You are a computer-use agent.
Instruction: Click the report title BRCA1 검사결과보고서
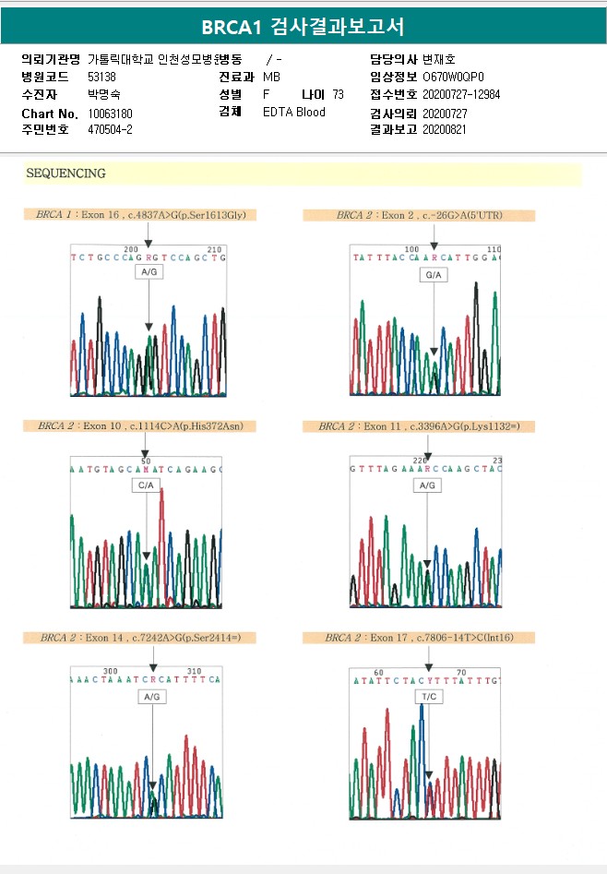pyautogui.click(x=303, y=26)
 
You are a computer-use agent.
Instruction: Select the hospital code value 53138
pyautogui.click(x=101, y=77)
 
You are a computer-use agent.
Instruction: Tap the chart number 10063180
pyautogui.click(x=111, y=113)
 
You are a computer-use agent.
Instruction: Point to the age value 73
pyautogui.click(x=338, y=94)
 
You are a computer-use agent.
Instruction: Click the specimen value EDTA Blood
pyautogui.click(x=294, y=113)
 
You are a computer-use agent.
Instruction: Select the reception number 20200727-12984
pyautogui.click(x=461, y=94)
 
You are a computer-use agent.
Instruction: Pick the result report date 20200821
pyautogui.click(x=445, y=129)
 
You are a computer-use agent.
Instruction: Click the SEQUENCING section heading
pyautogui.click(x=66, y=174)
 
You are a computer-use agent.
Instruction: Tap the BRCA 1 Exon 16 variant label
pyautogui.click(x=141, y=215)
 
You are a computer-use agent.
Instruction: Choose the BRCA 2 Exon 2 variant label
pyautogui.click(x=420, y=215)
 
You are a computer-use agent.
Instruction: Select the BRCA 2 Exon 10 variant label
pyautogui.click(x=141, y=426)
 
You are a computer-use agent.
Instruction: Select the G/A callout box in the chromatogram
pyautogui.click(x=434, y=276)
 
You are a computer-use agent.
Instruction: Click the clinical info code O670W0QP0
pyautogui.click(x=453, y=77)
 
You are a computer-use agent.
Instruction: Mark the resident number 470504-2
pyautogui.click(x=111, y=129)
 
